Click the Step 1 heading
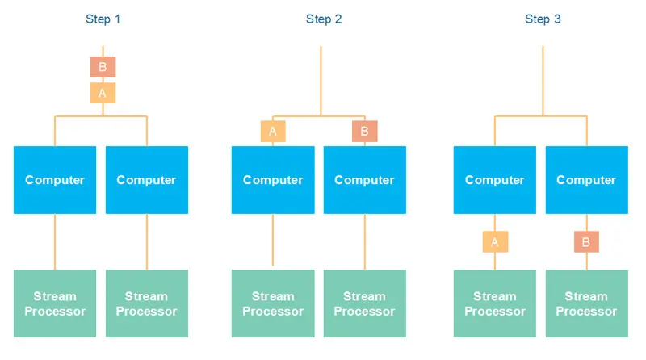pos(103,19)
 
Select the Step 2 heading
pos(324,19)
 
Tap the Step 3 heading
pos(543,19)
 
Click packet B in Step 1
pos(103,67)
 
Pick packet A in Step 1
pos(103,93)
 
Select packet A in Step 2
pos(273,131)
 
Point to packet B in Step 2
pos(364,131)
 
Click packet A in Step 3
pos(495,241)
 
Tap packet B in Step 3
pos(586,241)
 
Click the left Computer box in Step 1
pos(55,180)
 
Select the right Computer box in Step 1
pos(146,180)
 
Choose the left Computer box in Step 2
pos(273,180)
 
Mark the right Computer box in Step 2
pos(364,180)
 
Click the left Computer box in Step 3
pos(495,180)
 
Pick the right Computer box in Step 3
pos(586,180)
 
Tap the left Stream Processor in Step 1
pos(55,303)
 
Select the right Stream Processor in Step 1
pos(146,303)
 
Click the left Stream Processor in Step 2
pos(273,303)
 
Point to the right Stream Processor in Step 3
pos(586,303)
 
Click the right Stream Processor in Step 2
pos(364,303)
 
